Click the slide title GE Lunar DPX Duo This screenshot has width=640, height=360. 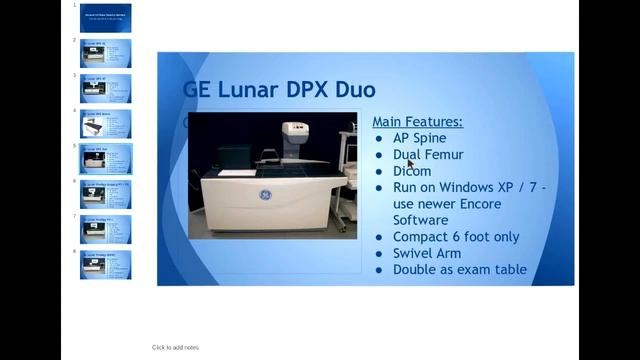point(279,89)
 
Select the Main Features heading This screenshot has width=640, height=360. point(417,121)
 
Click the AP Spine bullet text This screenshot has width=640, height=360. point(419,138)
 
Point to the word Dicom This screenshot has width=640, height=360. point(412,171)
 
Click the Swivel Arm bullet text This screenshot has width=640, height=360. point(427,253)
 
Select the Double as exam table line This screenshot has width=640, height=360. point(459,269)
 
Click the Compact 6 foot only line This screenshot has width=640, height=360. point(456,237)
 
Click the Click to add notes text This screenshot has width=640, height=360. point(175,347)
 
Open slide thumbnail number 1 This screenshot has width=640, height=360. point(106,17)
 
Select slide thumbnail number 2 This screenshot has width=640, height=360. point(106,53)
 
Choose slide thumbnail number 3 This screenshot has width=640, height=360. point(106,88)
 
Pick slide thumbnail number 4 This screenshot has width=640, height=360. point(106,123)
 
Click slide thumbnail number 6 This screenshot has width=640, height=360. point(106,193)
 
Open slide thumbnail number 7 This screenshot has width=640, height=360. point(106,228)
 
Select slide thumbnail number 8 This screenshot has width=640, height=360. point(106,264)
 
